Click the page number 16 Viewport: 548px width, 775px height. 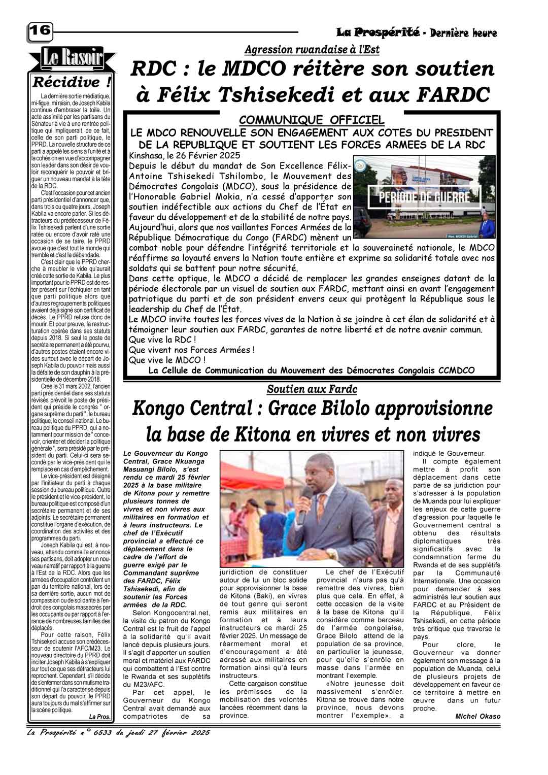click(40, 31)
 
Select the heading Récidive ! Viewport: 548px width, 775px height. click(72, 82)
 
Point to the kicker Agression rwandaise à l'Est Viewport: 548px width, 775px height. click(312, 50)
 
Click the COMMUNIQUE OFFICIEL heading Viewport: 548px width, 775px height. click(312, 120)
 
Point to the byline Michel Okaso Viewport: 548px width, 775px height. click(477, 716)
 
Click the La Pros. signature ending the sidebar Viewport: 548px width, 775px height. click(99, 717)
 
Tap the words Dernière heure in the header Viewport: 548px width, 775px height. click(463, 33)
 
